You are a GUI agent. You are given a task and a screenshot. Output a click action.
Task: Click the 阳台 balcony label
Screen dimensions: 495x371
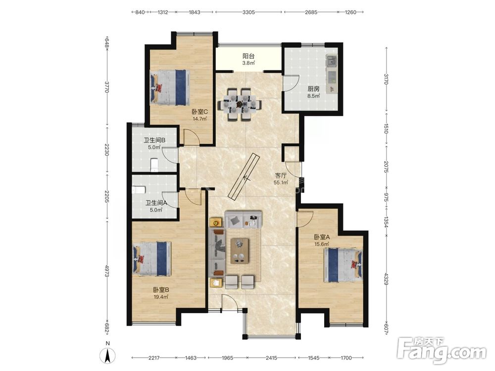coord(248,56)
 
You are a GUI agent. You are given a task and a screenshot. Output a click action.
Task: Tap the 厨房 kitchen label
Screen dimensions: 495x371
coord(314,89)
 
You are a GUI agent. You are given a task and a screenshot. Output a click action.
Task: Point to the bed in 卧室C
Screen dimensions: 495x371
coord(170,88)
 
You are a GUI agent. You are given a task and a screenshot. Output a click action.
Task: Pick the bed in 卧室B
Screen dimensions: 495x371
coord(152,259)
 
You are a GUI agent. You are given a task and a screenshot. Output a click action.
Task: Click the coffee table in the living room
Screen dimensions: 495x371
coord(239,251)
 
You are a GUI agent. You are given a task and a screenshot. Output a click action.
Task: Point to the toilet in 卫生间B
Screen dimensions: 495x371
coord(154,165)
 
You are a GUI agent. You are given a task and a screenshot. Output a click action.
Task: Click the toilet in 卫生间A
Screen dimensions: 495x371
coord(138,189)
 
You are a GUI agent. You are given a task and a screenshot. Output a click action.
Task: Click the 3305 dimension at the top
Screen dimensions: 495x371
coord(248,12)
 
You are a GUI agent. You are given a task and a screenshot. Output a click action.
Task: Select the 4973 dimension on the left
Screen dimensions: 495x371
coord(107,271)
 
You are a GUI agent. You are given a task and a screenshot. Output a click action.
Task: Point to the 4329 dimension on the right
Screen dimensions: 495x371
coord(386,278)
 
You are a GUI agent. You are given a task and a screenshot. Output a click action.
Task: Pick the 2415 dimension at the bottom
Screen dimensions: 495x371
coord(271,358)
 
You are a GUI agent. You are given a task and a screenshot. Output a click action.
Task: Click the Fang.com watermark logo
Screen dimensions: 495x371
coord(442,350)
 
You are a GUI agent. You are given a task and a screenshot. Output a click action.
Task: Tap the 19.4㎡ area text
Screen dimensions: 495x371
coord(161,297)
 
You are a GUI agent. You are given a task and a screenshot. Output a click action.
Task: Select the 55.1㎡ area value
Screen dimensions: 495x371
coord(281,183)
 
